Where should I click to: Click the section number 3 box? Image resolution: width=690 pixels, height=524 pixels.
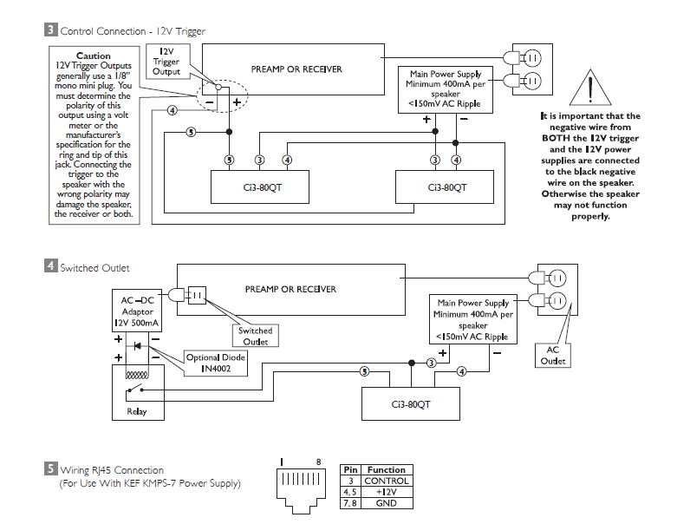coord(51,31)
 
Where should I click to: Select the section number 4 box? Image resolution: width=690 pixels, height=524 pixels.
coord(51,268)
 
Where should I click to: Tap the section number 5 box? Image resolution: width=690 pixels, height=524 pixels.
coord(51,469)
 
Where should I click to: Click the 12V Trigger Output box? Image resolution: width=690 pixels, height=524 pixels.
coord(166,62)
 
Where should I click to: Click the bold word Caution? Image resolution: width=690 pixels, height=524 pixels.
coord(94,56)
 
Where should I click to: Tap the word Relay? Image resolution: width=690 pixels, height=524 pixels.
coord(138,411)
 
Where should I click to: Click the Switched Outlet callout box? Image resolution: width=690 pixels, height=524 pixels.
coord(255,336)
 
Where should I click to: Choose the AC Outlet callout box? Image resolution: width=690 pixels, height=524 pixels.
coord(552,356)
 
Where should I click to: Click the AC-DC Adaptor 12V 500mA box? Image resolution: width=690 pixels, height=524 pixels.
coord(138,311)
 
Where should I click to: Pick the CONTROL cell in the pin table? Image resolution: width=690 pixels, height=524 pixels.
coord(386,480)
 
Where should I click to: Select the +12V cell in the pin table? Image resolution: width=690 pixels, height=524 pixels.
coord(386,490)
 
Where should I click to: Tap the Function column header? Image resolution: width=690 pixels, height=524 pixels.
coord(386,469)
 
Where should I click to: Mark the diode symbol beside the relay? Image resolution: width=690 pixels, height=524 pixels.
coord(138,346)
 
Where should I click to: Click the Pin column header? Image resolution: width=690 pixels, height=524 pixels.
coord(350,469)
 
